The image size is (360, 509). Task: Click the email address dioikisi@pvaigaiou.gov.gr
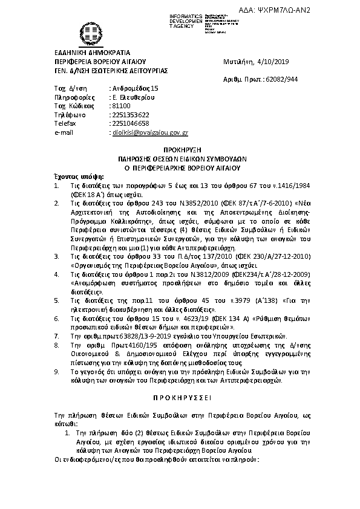click(149, 131)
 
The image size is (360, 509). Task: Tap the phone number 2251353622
click(129, 114)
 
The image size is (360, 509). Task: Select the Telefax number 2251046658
click(129, 123)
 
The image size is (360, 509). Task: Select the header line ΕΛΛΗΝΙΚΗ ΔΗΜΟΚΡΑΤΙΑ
click(83, 53)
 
